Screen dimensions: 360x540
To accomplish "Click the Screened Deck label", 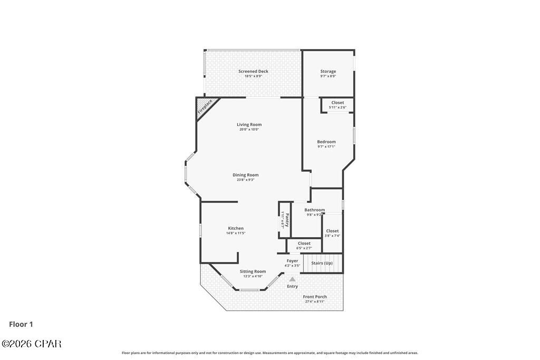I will tap(253, 71).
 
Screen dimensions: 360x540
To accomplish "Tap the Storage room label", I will tap(328, 71).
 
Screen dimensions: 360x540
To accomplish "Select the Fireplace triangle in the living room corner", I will tap(204, 107).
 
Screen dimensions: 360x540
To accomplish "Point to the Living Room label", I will tap(249, 125).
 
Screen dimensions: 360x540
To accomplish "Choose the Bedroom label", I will tap(326, 142).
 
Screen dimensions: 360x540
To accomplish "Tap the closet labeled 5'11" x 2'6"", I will tap(337, 105).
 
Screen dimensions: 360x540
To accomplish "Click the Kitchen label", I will tap(236, 228).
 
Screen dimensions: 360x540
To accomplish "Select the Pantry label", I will tap(285, 220).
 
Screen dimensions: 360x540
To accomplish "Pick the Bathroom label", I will tap(314, 210).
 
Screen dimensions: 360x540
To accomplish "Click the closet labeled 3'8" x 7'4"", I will tap(332, 233).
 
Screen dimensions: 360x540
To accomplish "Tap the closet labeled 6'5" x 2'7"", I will tap(304, 245).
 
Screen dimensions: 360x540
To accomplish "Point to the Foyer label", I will tap(292, 261).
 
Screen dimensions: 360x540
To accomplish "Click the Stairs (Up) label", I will tap(322, 263).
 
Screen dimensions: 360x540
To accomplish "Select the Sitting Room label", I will tap(253, 271).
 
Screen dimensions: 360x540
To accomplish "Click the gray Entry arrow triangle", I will tap(292, 280).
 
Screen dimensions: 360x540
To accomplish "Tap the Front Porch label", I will tap(314, 297).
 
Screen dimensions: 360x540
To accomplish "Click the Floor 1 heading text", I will tap(21, 325).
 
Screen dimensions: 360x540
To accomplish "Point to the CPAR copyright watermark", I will tap(32, 344).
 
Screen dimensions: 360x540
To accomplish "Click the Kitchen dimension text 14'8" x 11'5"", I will tap(236, 233).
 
